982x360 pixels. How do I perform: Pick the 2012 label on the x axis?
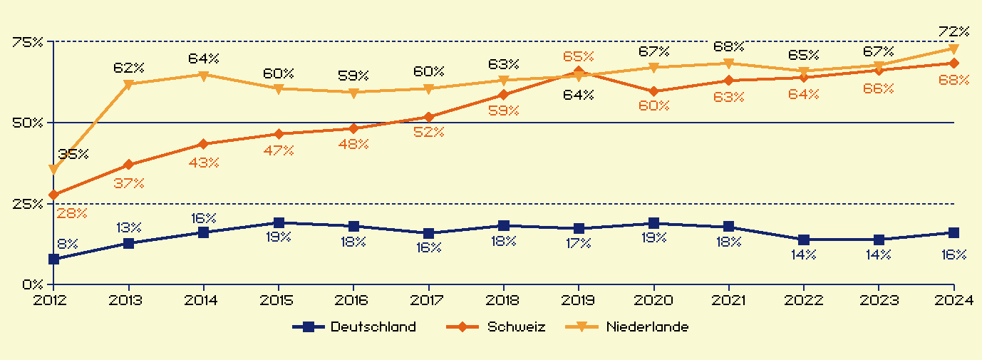tap(53, 300)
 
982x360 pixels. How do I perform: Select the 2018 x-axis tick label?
tap(504, 300)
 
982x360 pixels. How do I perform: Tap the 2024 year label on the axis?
tap(954, 300)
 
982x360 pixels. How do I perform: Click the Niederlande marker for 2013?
tap(129, 84)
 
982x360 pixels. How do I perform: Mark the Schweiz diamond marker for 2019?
tap(579, 72)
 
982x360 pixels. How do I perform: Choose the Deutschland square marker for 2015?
tap(279, 223)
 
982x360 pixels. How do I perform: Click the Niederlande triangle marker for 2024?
tap(954, 48)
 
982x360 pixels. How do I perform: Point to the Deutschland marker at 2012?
tap(54, 259)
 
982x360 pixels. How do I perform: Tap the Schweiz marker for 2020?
tap(654, 91)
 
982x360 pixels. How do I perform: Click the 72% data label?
tap(954, 31)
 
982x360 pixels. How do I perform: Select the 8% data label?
tap(67, 244)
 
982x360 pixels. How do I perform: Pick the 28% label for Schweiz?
tap(71, 212)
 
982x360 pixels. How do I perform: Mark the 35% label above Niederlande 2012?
tap(73, 154)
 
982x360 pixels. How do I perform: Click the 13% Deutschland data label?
tap(129, 228)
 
